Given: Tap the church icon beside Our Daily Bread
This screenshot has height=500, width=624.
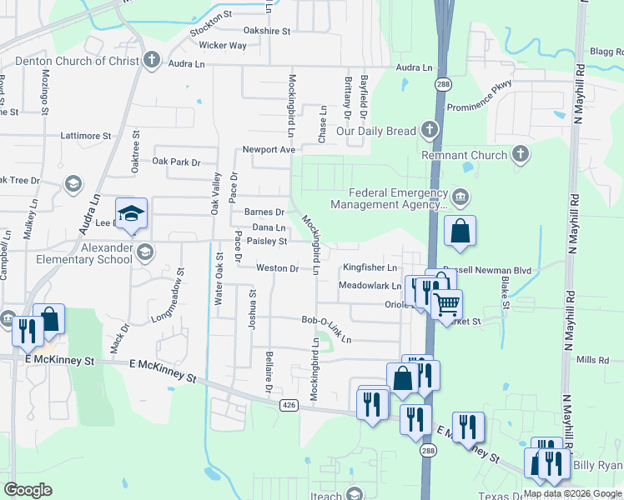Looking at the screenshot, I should pos(429,130).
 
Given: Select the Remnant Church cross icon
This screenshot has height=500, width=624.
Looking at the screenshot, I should pos(521,154).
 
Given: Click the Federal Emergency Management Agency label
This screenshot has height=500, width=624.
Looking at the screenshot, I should pos(388,198).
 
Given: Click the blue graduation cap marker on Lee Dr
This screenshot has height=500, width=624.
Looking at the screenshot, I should pos(131,215).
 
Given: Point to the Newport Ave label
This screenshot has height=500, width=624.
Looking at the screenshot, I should pos(269,149).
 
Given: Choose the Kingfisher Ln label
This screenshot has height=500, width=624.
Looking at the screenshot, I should pos(370,267).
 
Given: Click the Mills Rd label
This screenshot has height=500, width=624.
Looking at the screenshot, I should pos(594,360).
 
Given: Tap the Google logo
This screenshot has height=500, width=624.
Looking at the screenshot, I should pos(28,489).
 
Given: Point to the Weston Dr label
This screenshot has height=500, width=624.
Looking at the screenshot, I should pos(277,268).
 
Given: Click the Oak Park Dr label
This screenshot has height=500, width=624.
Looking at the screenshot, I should pos(176,162).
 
